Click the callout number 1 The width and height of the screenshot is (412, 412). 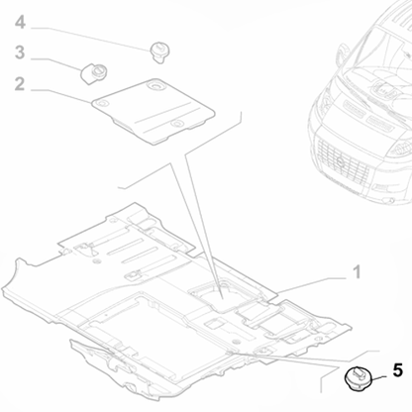[357, 272]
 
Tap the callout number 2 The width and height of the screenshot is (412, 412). [20, 84]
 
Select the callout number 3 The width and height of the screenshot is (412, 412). [20, 52]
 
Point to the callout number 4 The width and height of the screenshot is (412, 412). [20, 23]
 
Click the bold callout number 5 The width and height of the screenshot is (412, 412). [398, 370]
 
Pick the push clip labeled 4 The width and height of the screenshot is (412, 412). [159, 51]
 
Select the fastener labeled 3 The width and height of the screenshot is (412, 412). [93, 73]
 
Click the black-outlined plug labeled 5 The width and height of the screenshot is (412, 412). [359, 379]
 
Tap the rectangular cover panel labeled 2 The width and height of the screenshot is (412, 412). [153, 111]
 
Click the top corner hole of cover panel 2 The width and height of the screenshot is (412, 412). [154, 85]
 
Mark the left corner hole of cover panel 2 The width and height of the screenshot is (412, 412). [102, 103]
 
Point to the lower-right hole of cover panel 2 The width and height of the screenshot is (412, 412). [177, 124]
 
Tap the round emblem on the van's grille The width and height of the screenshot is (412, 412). [340, 161]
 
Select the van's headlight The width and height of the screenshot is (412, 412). [400, 149]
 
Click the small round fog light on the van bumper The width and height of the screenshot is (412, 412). [391, 200]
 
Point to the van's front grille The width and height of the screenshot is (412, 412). [343, 160]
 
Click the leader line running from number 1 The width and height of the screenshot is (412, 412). [311, 285]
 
